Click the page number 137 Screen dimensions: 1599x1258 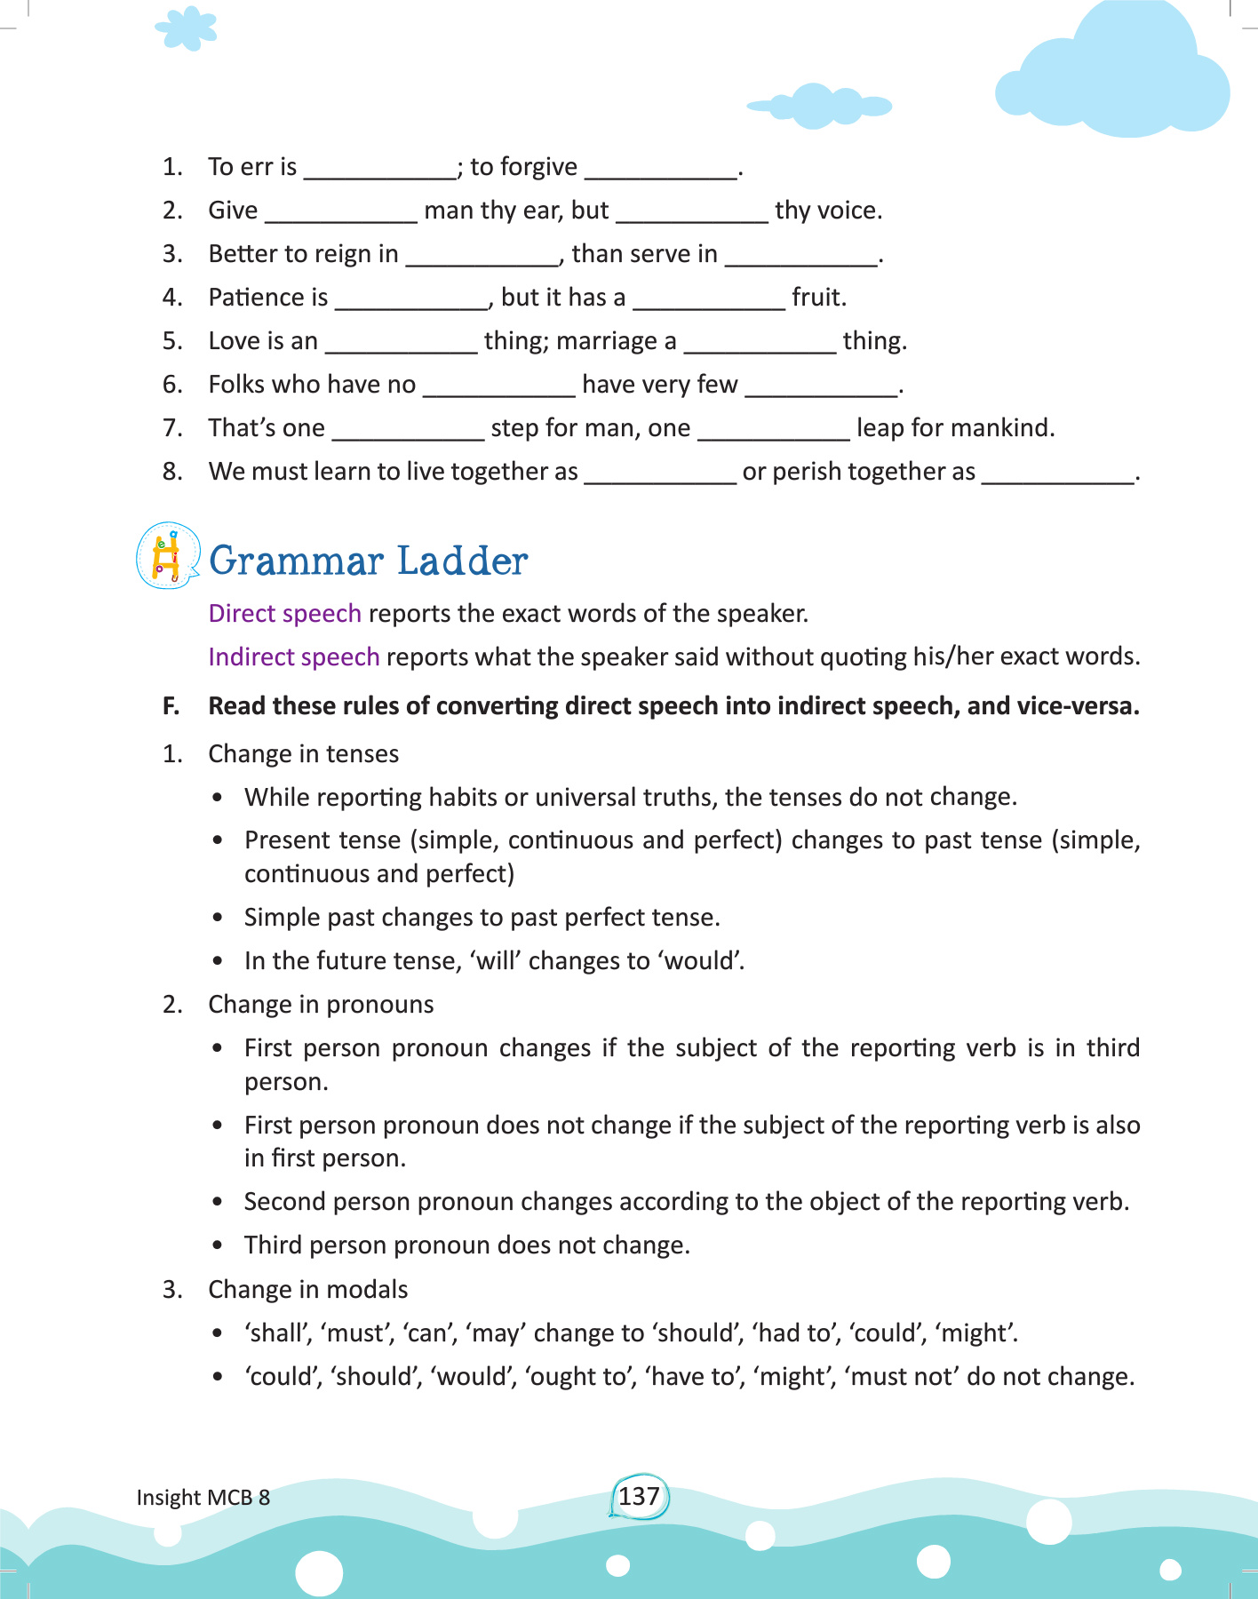tap(639, 1497)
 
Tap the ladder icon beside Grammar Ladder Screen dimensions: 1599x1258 tap(166, 557)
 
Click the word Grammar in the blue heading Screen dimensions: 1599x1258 tap(297, 561)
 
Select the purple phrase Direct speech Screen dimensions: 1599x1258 tap(284, 614)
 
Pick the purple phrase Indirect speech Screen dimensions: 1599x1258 tap(293, 657)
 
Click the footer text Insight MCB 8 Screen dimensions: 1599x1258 tap(203, 1498)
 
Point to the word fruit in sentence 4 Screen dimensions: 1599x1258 tap(817, 298)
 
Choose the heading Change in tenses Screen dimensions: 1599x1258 tap(303, 754)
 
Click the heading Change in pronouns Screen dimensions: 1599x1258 tap(321, 1005)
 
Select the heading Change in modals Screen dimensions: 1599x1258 tap(307, 1290)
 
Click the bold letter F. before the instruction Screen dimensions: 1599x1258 tap(171, 706)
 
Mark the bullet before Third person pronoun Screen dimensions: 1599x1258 tap(218, 1246)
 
